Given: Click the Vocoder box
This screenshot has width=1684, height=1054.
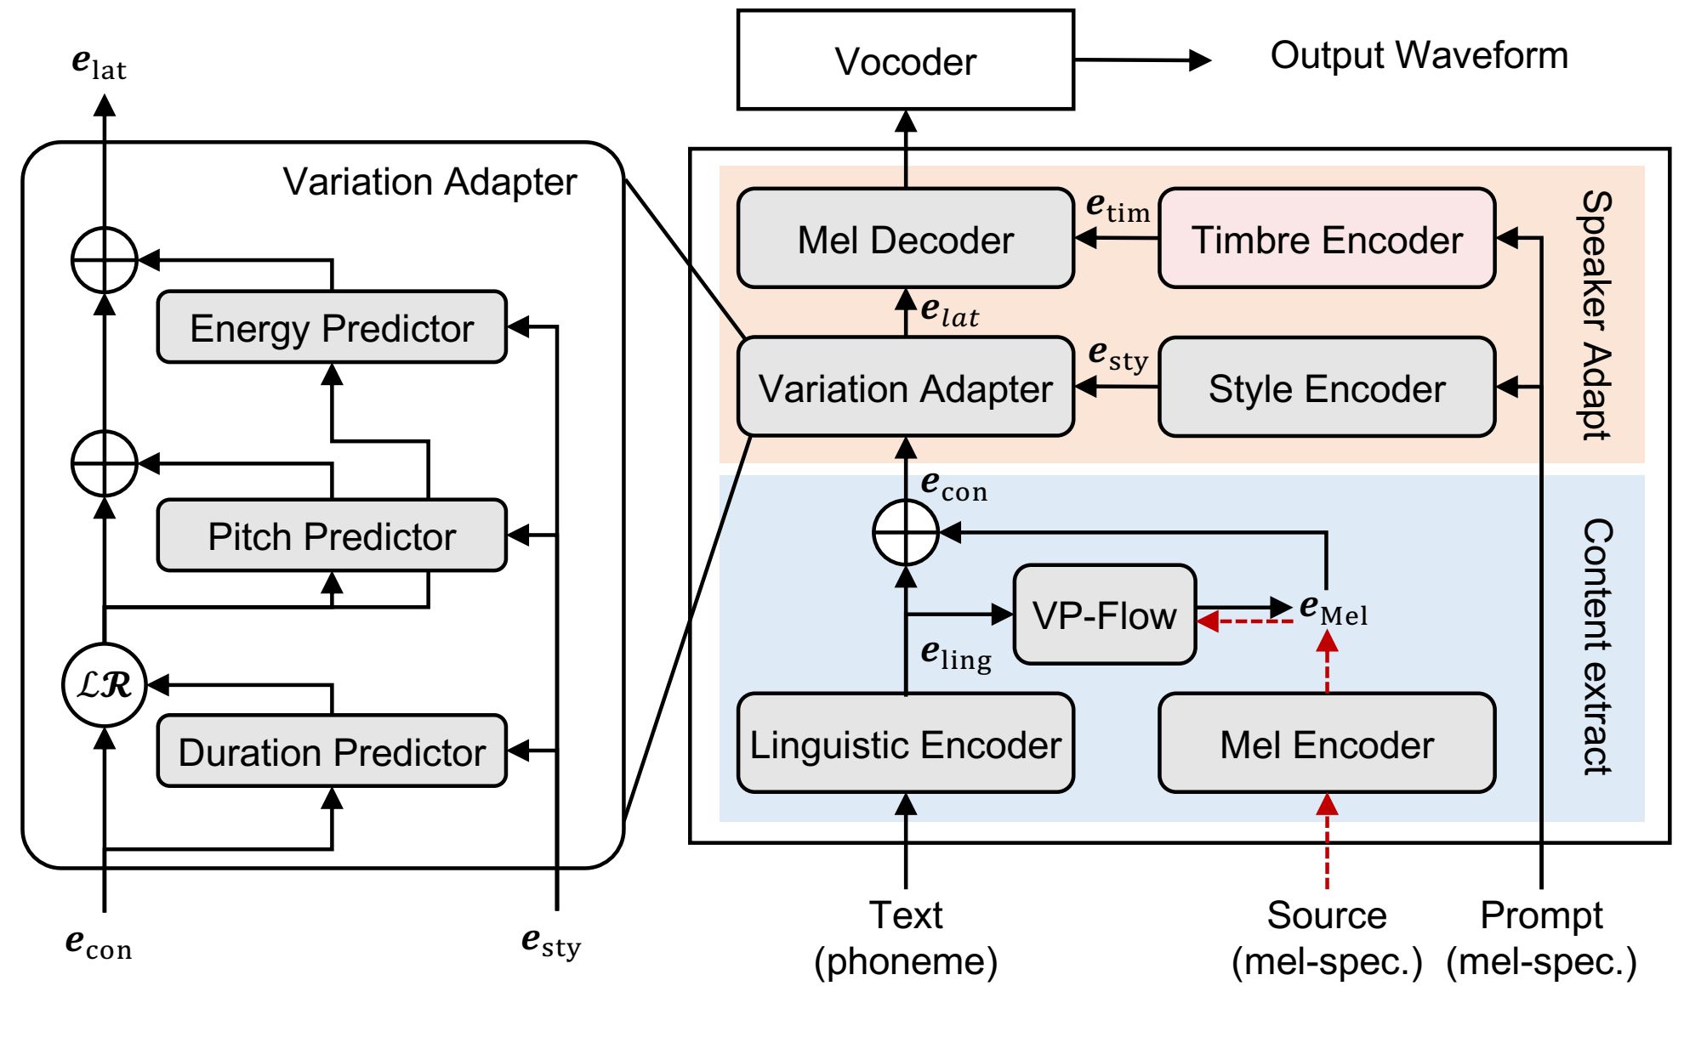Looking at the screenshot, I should click(905, 60).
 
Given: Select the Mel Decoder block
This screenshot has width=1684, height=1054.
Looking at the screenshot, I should click(905, 239).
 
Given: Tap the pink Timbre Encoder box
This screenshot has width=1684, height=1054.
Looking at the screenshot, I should click(1326, 239).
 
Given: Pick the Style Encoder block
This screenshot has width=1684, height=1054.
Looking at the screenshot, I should click(1326, 388).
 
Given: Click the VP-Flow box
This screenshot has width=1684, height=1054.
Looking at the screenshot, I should click(1104, 615).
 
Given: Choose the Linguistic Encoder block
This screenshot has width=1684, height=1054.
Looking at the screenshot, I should click(905, 744).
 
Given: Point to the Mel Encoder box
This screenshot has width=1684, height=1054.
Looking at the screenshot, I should click(1326, 744).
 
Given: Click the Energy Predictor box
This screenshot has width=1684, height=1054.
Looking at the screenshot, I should click(332, 327).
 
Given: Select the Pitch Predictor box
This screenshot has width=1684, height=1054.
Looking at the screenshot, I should click(332, 535).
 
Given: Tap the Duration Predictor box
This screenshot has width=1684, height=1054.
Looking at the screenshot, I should click(332, 751).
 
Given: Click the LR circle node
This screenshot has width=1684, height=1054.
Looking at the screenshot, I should click(105, 685).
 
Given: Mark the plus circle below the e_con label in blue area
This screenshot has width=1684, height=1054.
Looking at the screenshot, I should click(906, 533).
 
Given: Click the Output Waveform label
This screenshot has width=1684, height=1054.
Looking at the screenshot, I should click(1419, 56).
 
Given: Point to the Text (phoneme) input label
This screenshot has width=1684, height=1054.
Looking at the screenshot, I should click(906, 938).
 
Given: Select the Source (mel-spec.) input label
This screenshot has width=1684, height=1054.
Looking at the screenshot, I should click(1327, 938).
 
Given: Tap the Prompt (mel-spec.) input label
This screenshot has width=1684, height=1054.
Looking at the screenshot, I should click(1541, 938).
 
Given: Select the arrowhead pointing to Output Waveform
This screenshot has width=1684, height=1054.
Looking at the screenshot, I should click(1200, 60).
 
